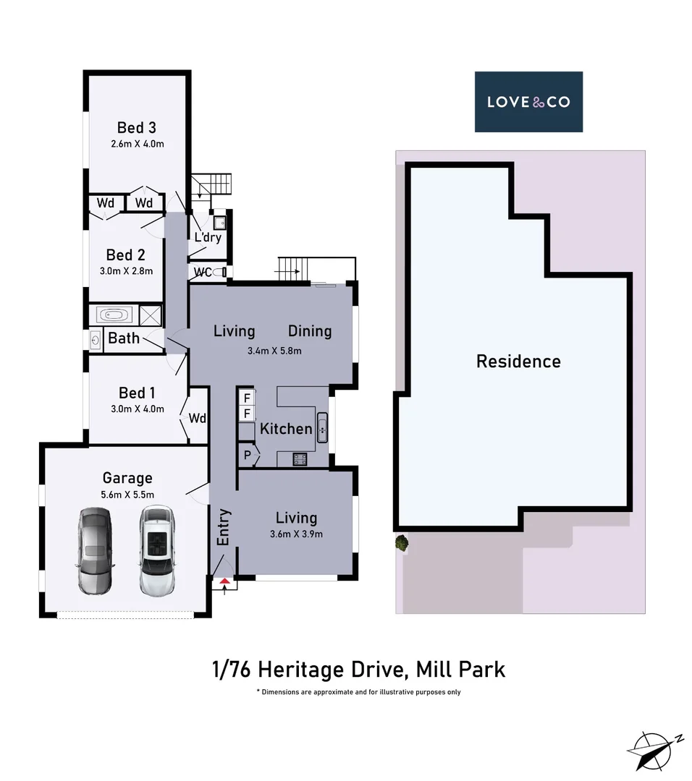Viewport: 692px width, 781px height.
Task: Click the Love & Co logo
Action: [x=528, y=101]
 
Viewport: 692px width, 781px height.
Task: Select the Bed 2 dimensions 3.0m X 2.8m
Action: [x=126, y=271]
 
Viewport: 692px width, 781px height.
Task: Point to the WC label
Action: [x=203, y=273]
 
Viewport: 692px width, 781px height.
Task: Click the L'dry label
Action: [x=207, y=238]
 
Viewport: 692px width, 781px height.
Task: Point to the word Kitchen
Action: [x=286, y=429]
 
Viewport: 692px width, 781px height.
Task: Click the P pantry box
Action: [x=248, y=456]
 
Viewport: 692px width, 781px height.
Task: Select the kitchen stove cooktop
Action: [x=300, y=458]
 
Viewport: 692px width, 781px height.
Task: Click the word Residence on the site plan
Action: [x=518, y=361]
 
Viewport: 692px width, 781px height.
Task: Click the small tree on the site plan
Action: [x=400, y=542]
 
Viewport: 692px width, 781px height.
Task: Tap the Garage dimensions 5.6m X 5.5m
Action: [x=127, y=495]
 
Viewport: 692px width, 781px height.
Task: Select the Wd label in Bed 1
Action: [x=198, y=418]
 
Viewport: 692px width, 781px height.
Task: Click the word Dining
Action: [x=310, y=331]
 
